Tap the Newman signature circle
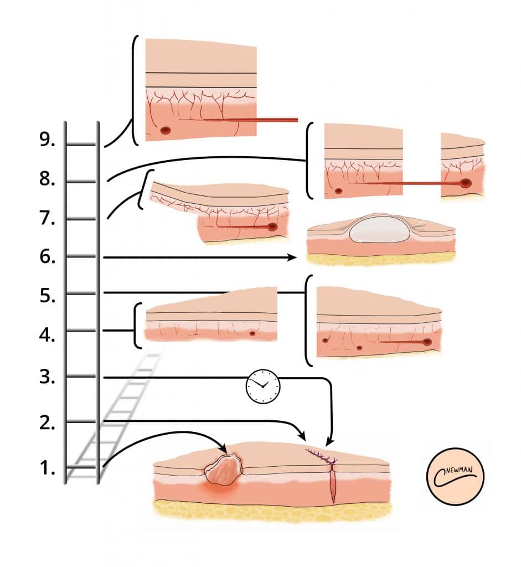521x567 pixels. click(x=457, y=476)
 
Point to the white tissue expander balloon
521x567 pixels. click(x=379, y=229)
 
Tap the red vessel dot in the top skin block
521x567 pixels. click(x=166, y=131)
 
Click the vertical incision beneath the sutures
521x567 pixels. click(x=333, y=484)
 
